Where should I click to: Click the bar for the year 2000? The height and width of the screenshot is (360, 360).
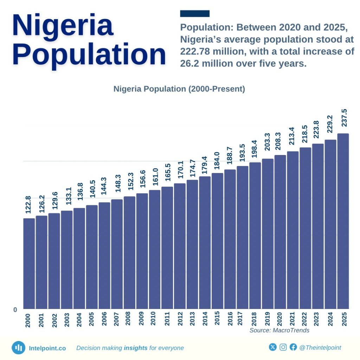(x=29, y=264)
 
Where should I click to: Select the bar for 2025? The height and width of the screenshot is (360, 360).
(x=343, y=221)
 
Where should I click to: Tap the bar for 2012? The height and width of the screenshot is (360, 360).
(x=180, y=246)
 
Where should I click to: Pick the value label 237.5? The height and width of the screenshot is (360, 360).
(x=344, y=119)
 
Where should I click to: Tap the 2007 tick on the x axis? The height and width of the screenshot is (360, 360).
(x=117, y=320)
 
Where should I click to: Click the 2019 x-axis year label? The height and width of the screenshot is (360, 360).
(x=268, y=320)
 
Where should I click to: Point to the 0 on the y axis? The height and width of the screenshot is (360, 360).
(x=15, y=310)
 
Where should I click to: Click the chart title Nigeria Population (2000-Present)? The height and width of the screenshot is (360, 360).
(x=179, y=89)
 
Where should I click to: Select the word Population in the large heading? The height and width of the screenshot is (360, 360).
(x=89, y=54)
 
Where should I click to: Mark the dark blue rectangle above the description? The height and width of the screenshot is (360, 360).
(x=194, y=14)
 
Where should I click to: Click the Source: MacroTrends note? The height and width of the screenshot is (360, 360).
(x=279, y=330)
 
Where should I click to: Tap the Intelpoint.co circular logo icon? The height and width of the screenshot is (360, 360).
(x=18, y=348)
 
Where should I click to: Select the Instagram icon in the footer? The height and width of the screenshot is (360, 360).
(x=283, y=347)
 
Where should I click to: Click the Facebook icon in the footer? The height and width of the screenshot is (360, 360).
(x=293, y=347)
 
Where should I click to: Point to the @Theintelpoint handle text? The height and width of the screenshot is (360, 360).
(x=320, y=348)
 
